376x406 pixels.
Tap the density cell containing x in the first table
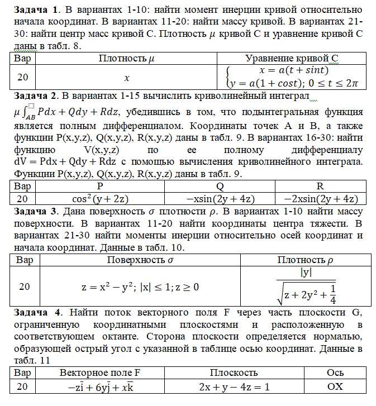[127, 78]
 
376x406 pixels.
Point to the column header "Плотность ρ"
[306, 260]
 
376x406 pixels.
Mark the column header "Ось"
[335, 372]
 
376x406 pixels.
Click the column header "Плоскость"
[234, 372]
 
